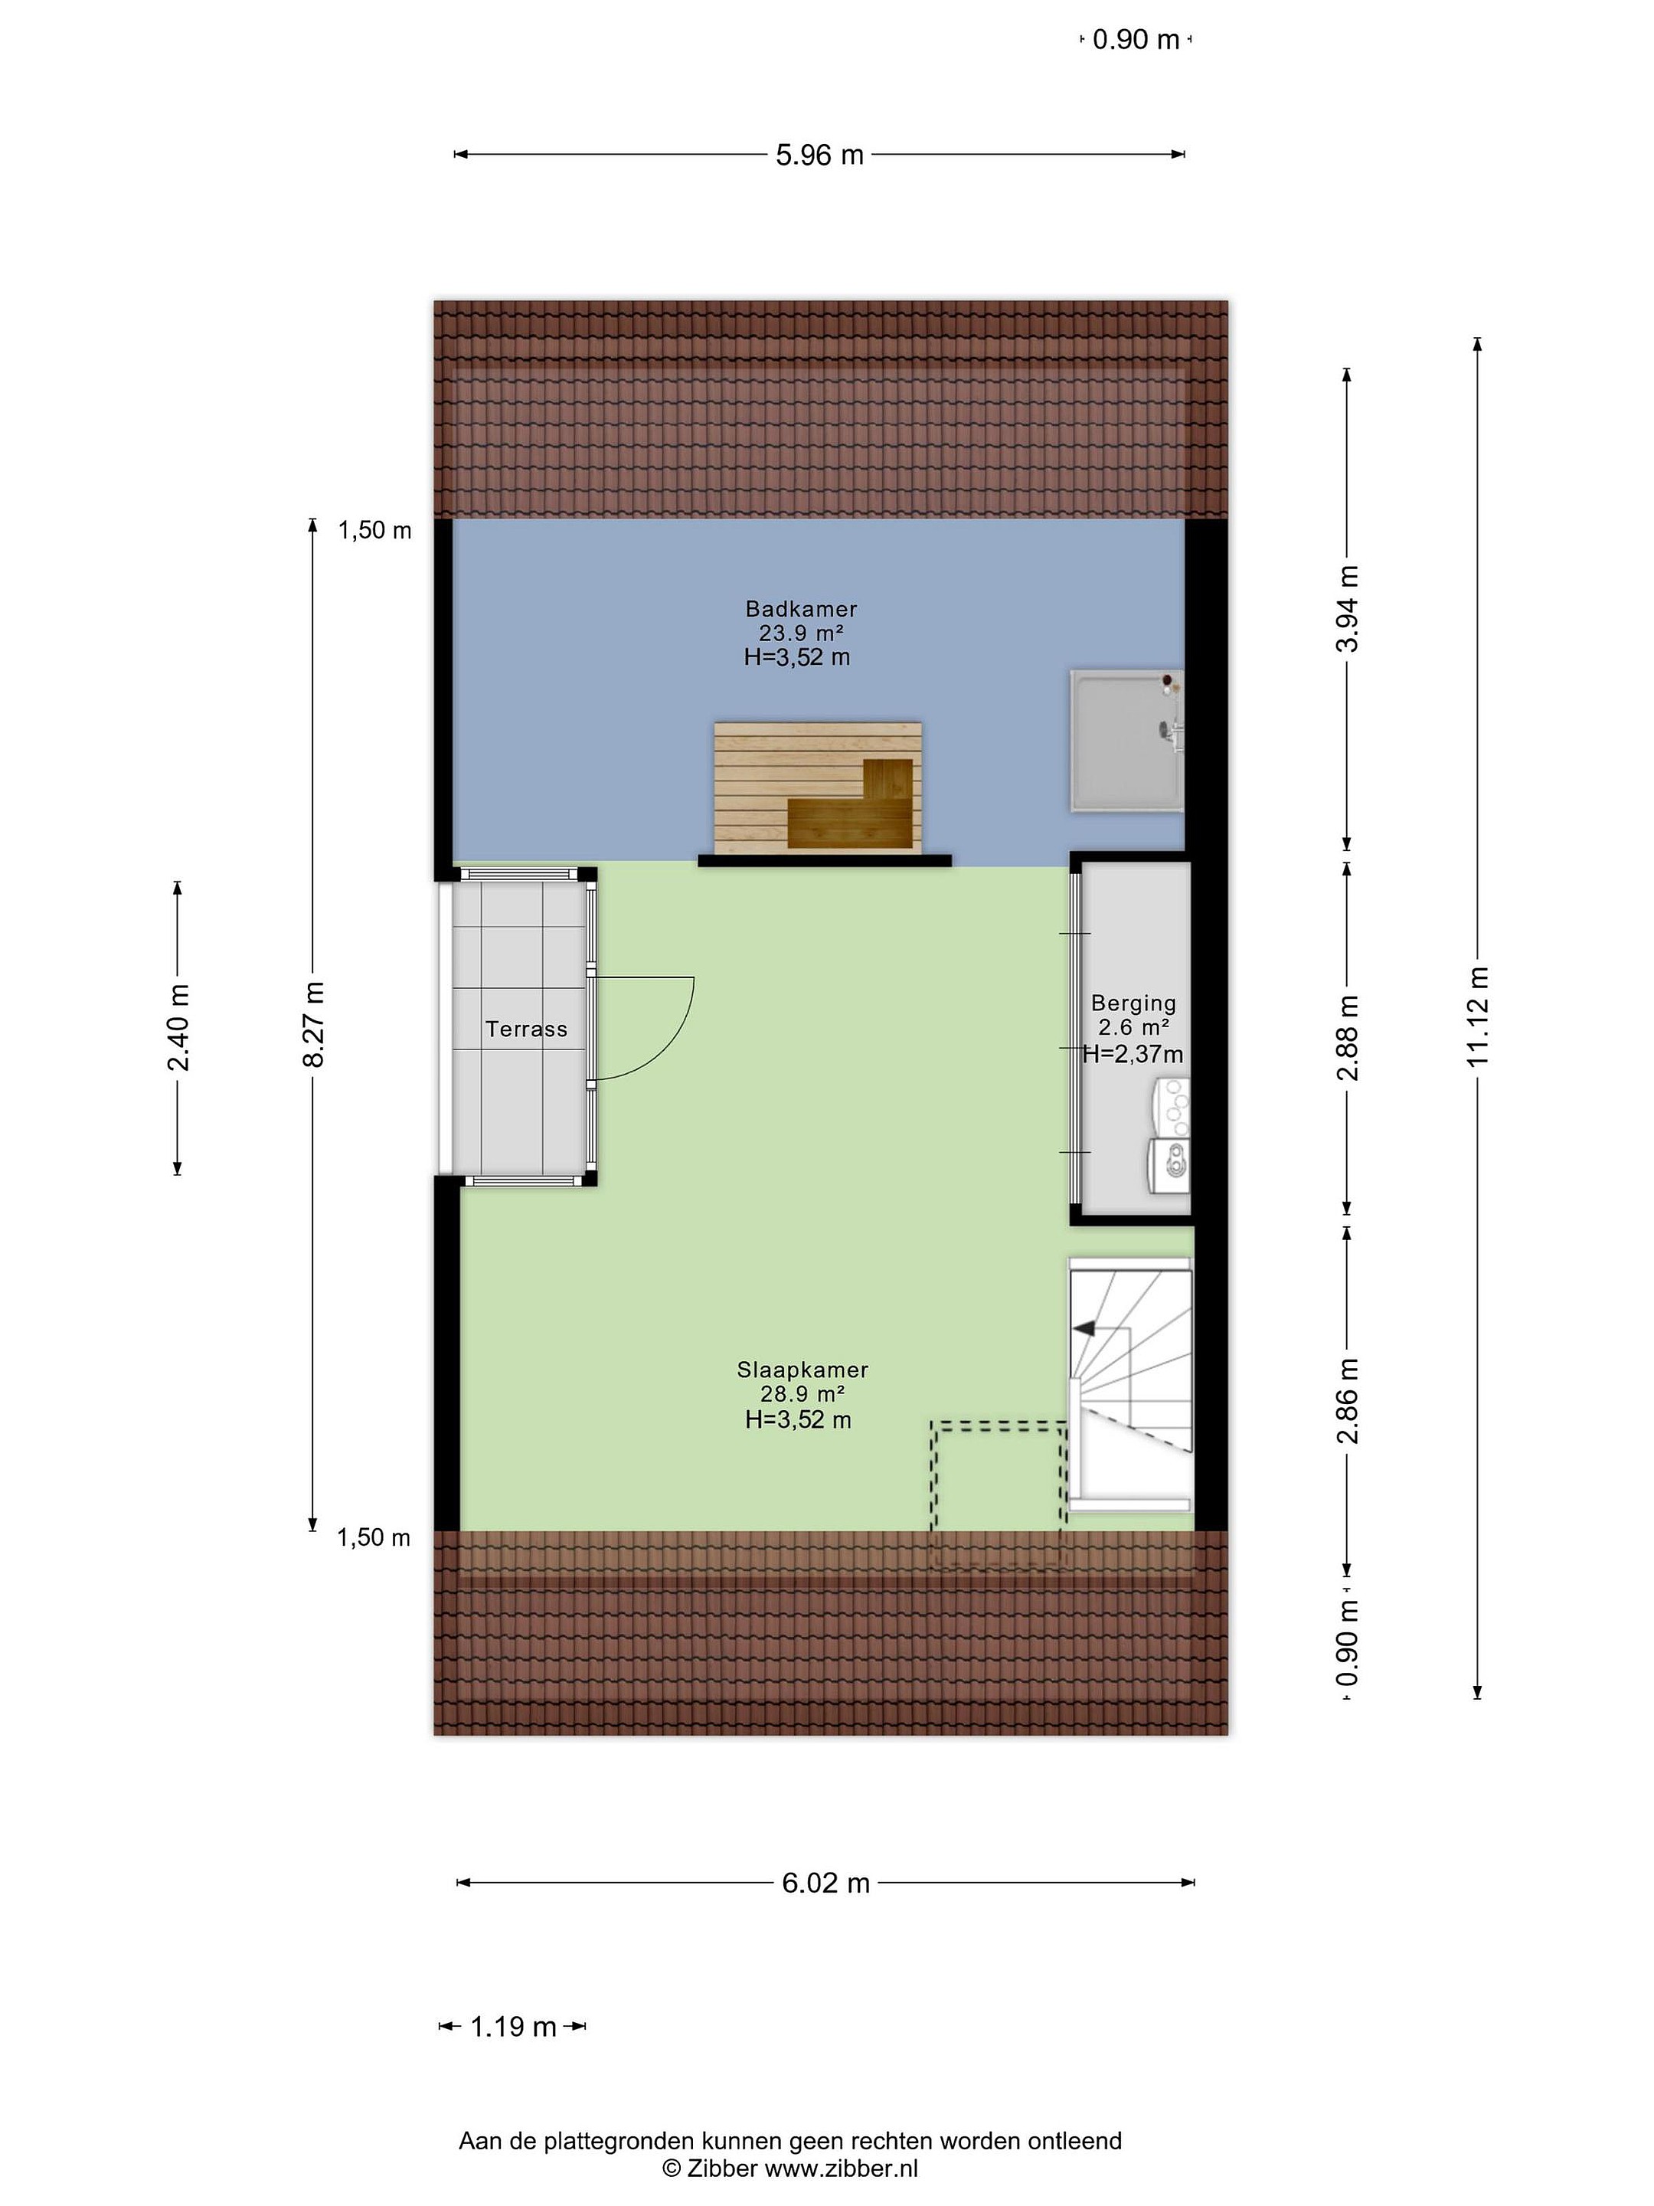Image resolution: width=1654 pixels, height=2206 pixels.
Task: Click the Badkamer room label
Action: pyautogui.click(x=800, y=608)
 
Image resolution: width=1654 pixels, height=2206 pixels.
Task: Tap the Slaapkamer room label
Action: pyautogui.click(x=802, y=1370)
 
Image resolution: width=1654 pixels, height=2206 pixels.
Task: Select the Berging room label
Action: pyautogui.click(x=1133, y=1003)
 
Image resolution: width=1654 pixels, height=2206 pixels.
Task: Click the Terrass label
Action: pyautogui.click(x=526, y=1029)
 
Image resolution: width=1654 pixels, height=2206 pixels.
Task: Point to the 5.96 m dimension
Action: pyautogui.click(x=819, y=155)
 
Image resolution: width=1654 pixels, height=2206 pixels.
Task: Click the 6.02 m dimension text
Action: pyautogui.click(x=825, y=1884)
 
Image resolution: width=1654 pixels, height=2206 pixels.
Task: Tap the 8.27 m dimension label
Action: pyautogui.click(x=314, y=1024)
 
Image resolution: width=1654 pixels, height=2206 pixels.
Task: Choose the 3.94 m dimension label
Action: pyautogui.click(x=1348, y=608)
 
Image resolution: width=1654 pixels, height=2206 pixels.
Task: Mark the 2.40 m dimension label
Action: pyautogui.click(x=178, y=1028)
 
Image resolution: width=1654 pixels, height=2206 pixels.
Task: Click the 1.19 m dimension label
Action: pyautogui.click(x=514, y=2028)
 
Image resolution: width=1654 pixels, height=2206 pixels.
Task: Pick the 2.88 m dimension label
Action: pyautogui.click(x=1348, y=1038)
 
